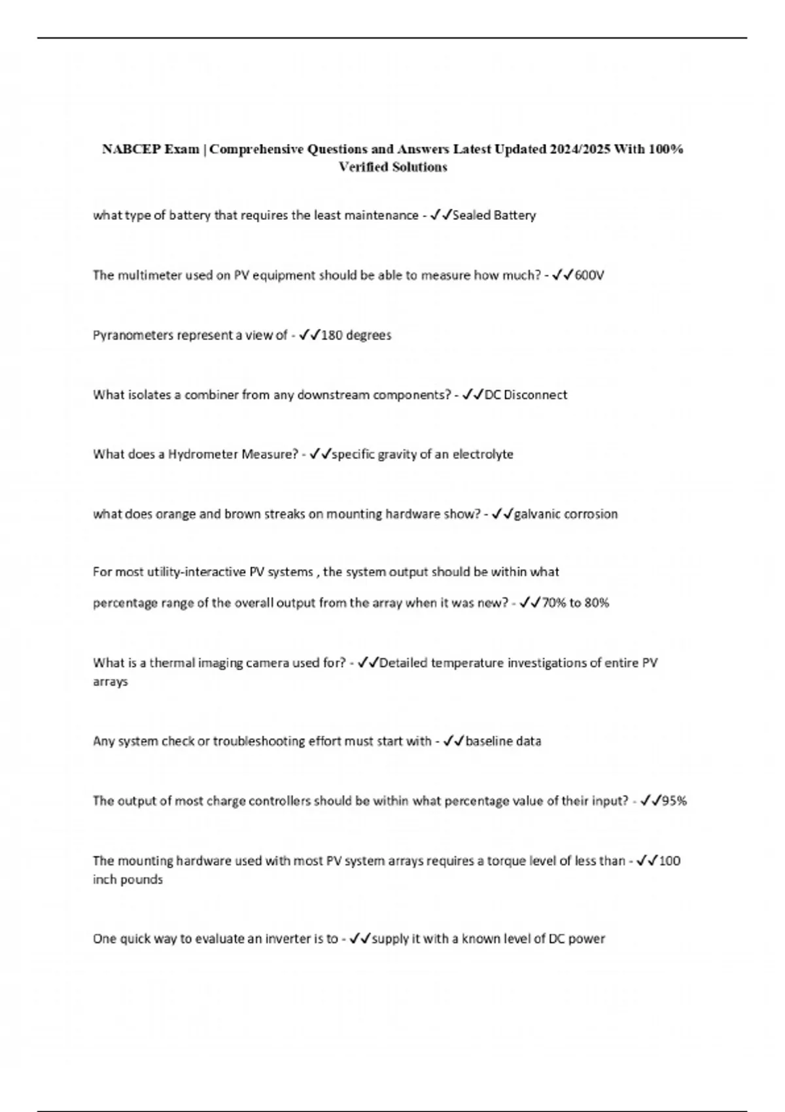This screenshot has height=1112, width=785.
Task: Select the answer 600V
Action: (589, 275)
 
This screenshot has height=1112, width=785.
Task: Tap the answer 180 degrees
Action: (356, 335)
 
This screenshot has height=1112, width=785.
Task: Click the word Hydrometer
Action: (203, 454)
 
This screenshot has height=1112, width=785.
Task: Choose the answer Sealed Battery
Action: (494, 215)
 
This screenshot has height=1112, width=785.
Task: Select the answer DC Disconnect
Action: (526, 394)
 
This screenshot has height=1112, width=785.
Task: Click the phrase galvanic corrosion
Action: (566, 514)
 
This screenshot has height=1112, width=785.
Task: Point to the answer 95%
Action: (674, 801)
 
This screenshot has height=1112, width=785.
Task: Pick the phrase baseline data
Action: (503, 741)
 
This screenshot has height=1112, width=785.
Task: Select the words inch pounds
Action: (128, 880)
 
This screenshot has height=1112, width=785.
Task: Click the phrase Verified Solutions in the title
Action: (392, 167)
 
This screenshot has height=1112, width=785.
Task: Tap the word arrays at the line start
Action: (110, 682)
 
